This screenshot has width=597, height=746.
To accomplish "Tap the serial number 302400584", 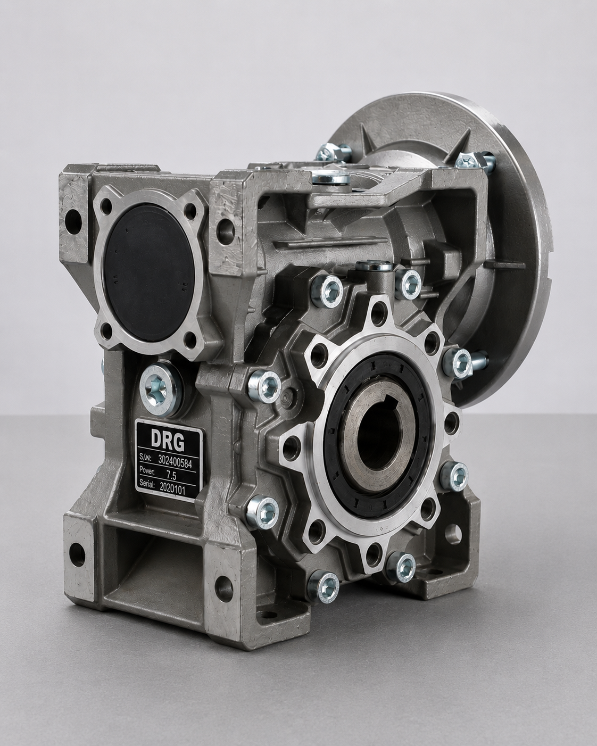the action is click(176, 460).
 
